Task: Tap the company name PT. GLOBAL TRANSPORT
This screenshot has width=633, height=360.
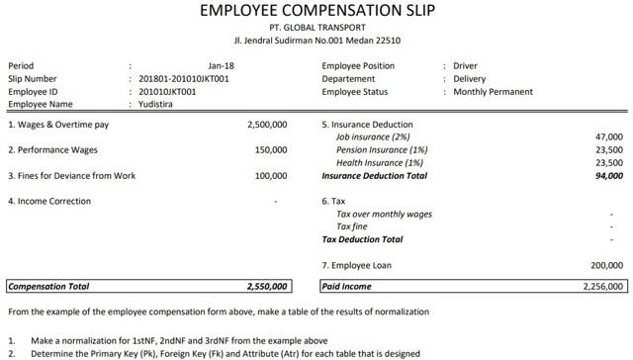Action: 316,29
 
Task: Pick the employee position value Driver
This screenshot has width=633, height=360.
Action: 465,66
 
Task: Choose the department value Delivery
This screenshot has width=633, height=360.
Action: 471,79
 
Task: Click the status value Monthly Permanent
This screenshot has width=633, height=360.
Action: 493,92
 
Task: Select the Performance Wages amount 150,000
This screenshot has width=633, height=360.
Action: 270,150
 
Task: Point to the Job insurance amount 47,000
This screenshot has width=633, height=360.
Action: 608,137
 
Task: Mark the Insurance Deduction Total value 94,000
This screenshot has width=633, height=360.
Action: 608,176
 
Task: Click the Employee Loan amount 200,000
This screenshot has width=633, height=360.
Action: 605,266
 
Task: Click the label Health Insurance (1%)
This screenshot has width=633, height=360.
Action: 380,163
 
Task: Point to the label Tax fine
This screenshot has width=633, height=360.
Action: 353,226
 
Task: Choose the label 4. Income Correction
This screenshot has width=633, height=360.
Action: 49,202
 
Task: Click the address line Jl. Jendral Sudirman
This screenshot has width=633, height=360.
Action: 316,42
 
